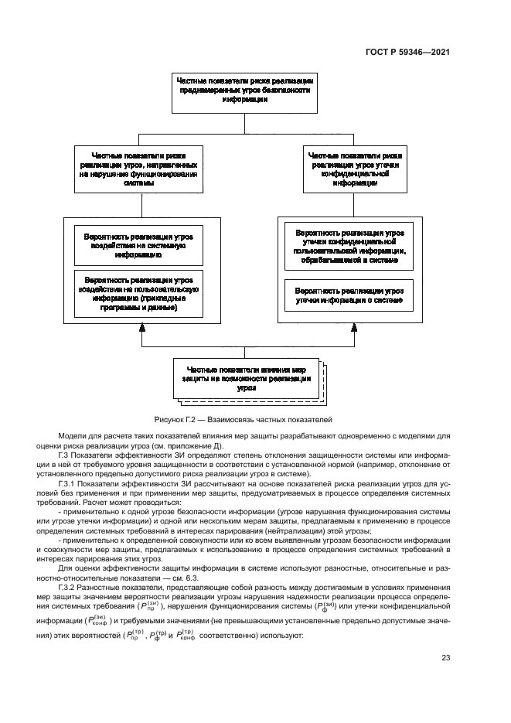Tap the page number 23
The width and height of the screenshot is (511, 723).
(x=446, y=658)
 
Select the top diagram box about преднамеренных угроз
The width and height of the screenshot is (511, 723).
(x=244, y=90)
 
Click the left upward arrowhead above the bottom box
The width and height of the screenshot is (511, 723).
(x=141, y=330)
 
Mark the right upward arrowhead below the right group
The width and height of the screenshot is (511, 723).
(x=354, y=330)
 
